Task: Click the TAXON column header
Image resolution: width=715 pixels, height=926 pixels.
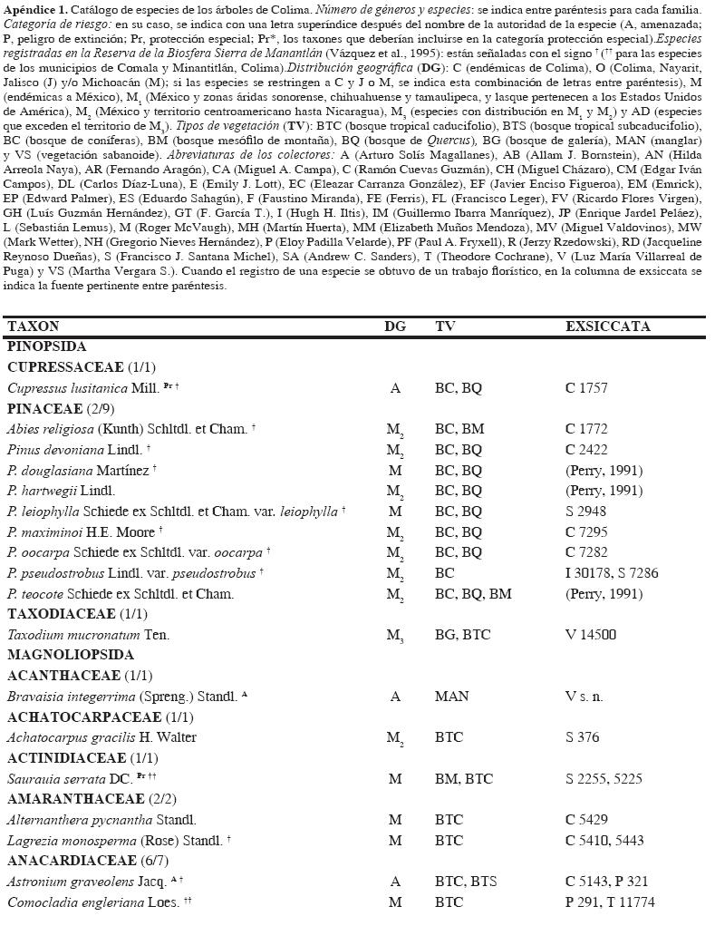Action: (x=33, y=327)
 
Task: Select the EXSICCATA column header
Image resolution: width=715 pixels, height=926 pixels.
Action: (x=607, y=327)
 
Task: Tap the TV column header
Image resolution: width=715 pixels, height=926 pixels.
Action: (x=445, y=327)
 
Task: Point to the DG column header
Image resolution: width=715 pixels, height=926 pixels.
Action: (x=395, y=327)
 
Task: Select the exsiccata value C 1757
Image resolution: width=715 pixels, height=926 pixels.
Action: (x=586, y=388)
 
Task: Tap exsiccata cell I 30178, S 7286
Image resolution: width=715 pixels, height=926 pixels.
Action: (x=612, y=573)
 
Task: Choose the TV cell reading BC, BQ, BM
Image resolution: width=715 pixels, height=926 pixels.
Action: (x=473, y=594)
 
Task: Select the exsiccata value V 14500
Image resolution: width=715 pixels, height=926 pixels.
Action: (x=590, y=635)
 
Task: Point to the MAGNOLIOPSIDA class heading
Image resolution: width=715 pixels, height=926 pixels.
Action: (x=71, y=655)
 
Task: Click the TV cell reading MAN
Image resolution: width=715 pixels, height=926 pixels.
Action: (x=451, y=697)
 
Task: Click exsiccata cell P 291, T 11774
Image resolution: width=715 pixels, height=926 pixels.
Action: (x=610, y=902)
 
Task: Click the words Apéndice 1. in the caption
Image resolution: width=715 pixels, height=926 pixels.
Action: (x=34, y=9)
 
